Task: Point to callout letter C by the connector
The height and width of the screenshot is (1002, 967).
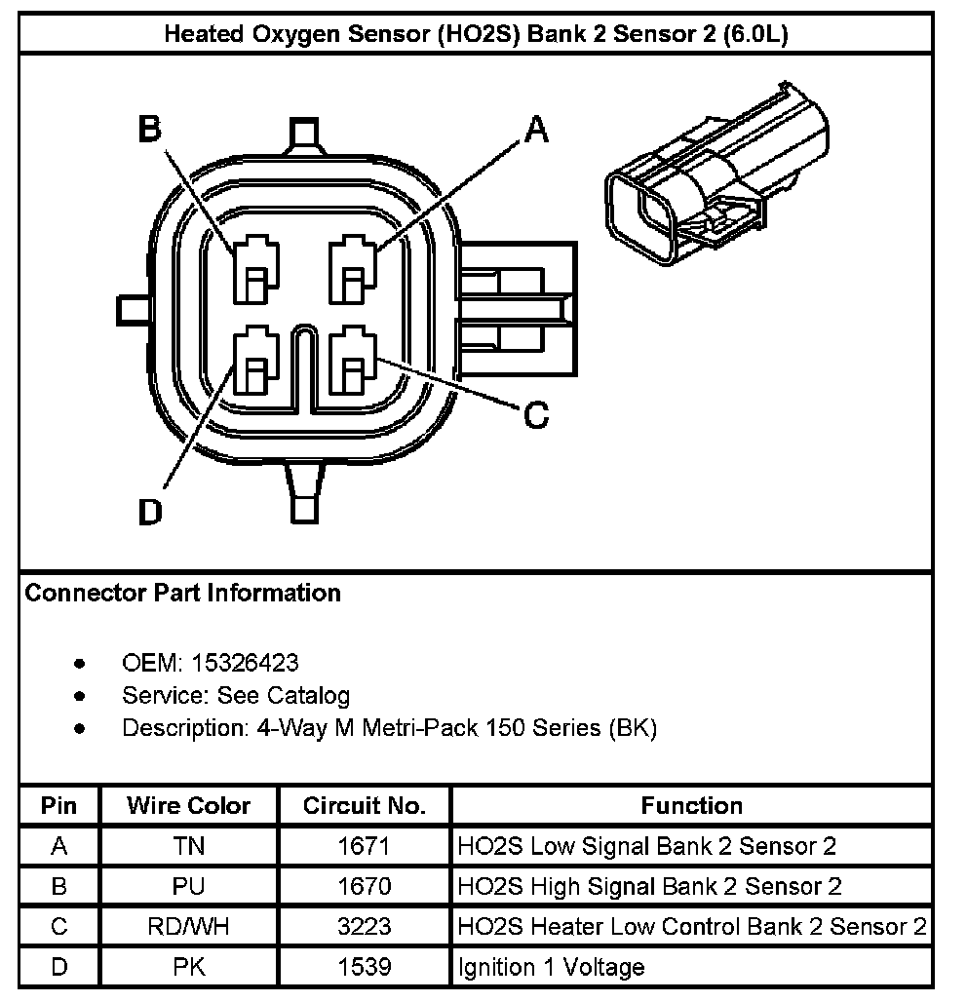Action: [536, 415]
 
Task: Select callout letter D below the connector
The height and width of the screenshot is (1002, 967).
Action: [149, 511]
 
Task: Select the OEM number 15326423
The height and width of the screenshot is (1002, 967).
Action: [246, 663]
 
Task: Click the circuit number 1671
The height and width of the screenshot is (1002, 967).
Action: [365, 846]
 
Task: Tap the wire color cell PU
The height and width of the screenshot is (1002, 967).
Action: [188, 886]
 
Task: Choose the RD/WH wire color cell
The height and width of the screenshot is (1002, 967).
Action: [188, 926]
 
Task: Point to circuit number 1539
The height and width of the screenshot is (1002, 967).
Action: [365, 967]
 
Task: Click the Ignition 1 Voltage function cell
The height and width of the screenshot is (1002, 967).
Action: [551, 967]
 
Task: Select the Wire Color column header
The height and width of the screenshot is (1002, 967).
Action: [188, 806]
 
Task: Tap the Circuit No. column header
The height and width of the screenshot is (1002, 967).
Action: [365, 806]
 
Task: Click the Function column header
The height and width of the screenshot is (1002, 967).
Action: [691, 806]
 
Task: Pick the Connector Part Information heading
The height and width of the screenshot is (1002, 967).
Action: [182, 593]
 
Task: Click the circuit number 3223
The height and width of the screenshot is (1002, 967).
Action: [365, 926]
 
